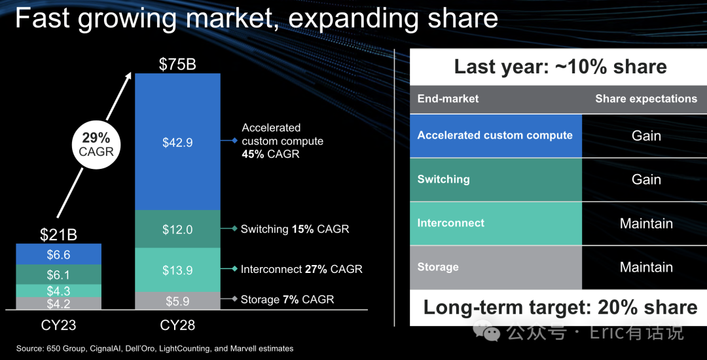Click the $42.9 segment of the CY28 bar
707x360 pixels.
[x=177, y=142]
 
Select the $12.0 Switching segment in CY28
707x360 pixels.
[x=177, y=229]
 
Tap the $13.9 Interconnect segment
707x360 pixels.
[x=177, y=270]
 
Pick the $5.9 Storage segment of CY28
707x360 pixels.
[x=177, y=301]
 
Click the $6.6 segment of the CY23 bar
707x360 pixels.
[x=58, y=254]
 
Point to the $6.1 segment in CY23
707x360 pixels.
[x=58, y=274]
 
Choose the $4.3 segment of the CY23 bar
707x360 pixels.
[x=58, y=291]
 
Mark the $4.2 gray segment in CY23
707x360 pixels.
[x=58, y=304]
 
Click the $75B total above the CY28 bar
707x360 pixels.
[x=177, y=64]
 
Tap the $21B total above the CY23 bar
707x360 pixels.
[x=58, y=234]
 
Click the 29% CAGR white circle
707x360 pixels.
[x=97, y=145]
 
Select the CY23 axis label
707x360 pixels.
[x=58, y=325]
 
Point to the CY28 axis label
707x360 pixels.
[x=177, y=325]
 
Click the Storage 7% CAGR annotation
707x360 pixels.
[x=287, y=299]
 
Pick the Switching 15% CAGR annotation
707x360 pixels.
[x=295, y=229]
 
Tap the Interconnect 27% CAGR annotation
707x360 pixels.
[x=301, y=269]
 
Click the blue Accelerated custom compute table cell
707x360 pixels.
[x=496, y=135]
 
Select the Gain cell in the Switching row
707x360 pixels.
[x=646, y=179]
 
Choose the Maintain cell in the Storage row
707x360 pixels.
[x=646, y=267]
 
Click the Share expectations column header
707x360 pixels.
[x=646, y=99]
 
